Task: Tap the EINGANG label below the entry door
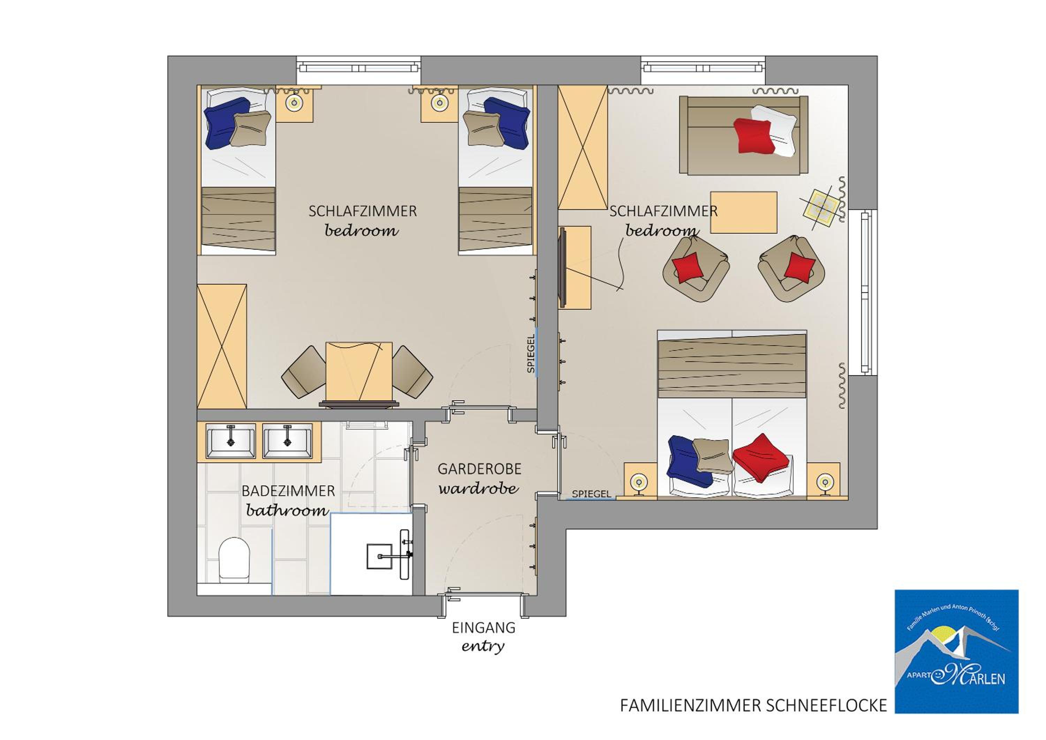483,628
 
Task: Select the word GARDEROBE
479,469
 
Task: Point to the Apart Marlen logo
956,652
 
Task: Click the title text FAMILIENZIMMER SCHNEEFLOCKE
753,706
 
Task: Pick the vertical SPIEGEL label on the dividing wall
530,354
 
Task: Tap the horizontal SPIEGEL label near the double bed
591,494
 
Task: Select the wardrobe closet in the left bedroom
222,346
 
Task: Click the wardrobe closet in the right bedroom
583,148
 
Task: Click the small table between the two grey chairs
359,371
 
